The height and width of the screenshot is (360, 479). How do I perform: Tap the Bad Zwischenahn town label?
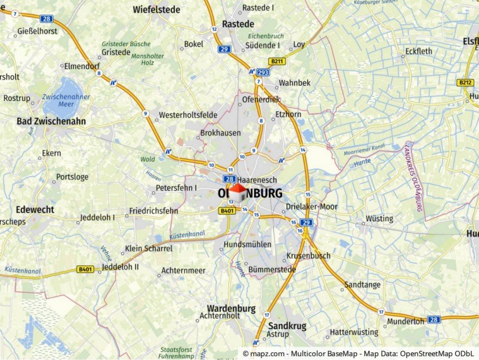pyautogui.click(x=51, y=121)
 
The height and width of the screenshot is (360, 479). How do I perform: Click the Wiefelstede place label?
pyautogui.click(x=156, y=9)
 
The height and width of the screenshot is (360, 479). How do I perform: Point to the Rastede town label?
pyautogui.click(x=238, y=24)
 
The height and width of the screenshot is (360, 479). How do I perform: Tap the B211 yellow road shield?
pyautogui.click(x=276, y=61)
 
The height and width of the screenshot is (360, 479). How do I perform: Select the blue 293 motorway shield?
pyautogui.click(x=262, y=72)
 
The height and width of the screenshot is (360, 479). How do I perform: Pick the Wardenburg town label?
pyautogui.click(x=231, y=308)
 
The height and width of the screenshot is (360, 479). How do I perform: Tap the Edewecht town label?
pyautogui.click(x=35, y=209)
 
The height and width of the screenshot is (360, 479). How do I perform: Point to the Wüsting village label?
pyautogui.click(x=379, y=218)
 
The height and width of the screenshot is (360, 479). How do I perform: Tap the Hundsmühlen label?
pyautogui.click(x=247, y=244)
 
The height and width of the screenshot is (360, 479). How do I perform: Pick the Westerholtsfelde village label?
pyautogui.click(x=188, y=115)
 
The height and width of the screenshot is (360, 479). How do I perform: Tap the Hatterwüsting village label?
pyautogui.click(x=354, y=332)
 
